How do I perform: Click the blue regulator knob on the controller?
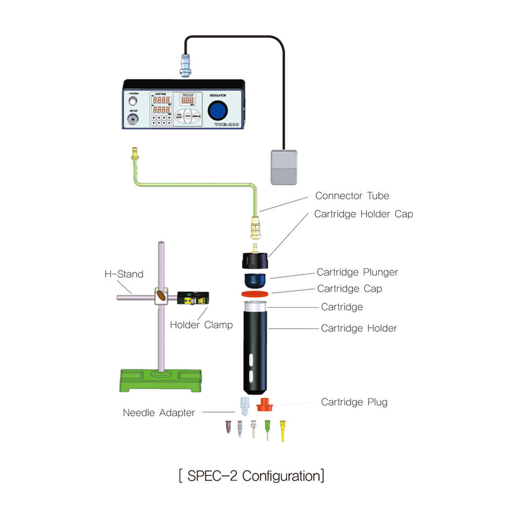[x=217, y=111]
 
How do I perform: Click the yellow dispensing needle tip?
[x=282, y=431]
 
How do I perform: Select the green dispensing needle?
[x=267, y=430]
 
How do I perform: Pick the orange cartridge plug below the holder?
[x=264, y=404]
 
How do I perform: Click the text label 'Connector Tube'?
[x=352, y=196]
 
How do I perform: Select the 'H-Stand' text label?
[x=124, y=274]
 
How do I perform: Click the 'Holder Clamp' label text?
[x=201, y=325]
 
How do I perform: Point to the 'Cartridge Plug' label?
[x=354, y=402]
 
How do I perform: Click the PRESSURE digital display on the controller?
[x=187, y=101]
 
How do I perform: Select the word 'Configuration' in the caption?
[x=281, y=476]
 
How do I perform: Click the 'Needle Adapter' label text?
[x=159, y=413]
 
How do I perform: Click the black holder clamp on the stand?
[x=193, y=297]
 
